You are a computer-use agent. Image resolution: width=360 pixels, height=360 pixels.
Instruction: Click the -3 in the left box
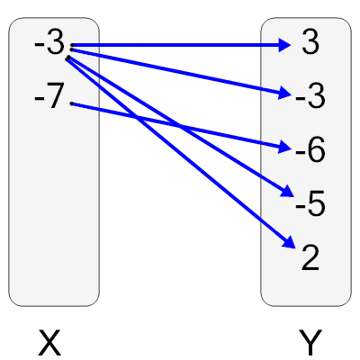pyautogui.click(x=49, y=43)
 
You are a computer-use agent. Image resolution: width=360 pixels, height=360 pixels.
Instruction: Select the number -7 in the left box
pyautogui.click(x=49, y=96)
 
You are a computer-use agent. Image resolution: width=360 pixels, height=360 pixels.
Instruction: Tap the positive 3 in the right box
pyautogui.click(x=310, y=44)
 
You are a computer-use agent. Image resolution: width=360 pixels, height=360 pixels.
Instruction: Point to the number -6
pyautogui.click(x=309, y=151)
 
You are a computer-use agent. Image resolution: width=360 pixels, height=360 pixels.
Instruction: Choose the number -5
pyautogui.click(x=310, y=205)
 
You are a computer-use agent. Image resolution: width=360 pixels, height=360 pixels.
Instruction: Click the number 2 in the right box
pyautogui.click(x=310, y=259)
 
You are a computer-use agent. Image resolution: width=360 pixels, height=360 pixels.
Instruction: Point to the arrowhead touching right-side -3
pyautogui.click(x=283, y=92)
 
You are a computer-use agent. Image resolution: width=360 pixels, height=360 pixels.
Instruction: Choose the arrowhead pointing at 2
pyautogui.click(x=289, y=243)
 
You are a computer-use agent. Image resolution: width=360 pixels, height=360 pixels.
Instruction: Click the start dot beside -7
pyautogui.click(x=71, y=103)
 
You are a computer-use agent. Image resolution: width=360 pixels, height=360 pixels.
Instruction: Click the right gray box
pyautogui.click(x=306, y=288)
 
